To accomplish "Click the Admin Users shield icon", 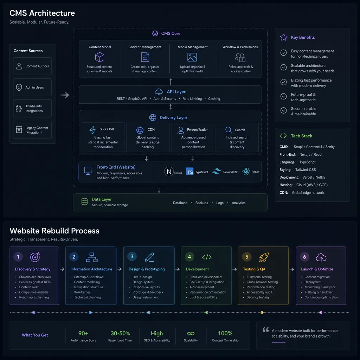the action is coord(19,87).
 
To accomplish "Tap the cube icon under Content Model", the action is coord(99,57).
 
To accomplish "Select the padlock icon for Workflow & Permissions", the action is coord(242,58).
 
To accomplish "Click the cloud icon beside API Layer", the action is coord(159,92).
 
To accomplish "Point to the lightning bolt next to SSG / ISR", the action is coord(92,130).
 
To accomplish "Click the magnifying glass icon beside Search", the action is coord(229,130).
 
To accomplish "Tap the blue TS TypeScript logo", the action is coord(189,172).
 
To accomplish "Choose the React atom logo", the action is coord(246,171).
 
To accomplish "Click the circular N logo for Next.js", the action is coord(169,171).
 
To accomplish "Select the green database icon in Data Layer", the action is coord(84,201).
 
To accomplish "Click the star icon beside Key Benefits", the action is coord(284,37).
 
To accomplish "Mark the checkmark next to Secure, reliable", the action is coord(284,110).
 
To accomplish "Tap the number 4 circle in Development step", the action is coord(189,257).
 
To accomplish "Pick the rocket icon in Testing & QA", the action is coord(264,257).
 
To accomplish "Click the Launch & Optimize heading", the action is coord(317,269).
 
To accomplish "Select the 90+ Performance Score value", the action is coord(83,333).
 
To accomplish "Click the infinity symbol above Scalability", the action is coord(191,333).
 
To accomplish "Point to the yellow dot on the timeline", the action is coord(262,313).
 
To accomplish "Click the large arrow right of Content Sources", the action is coord(65,95).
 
